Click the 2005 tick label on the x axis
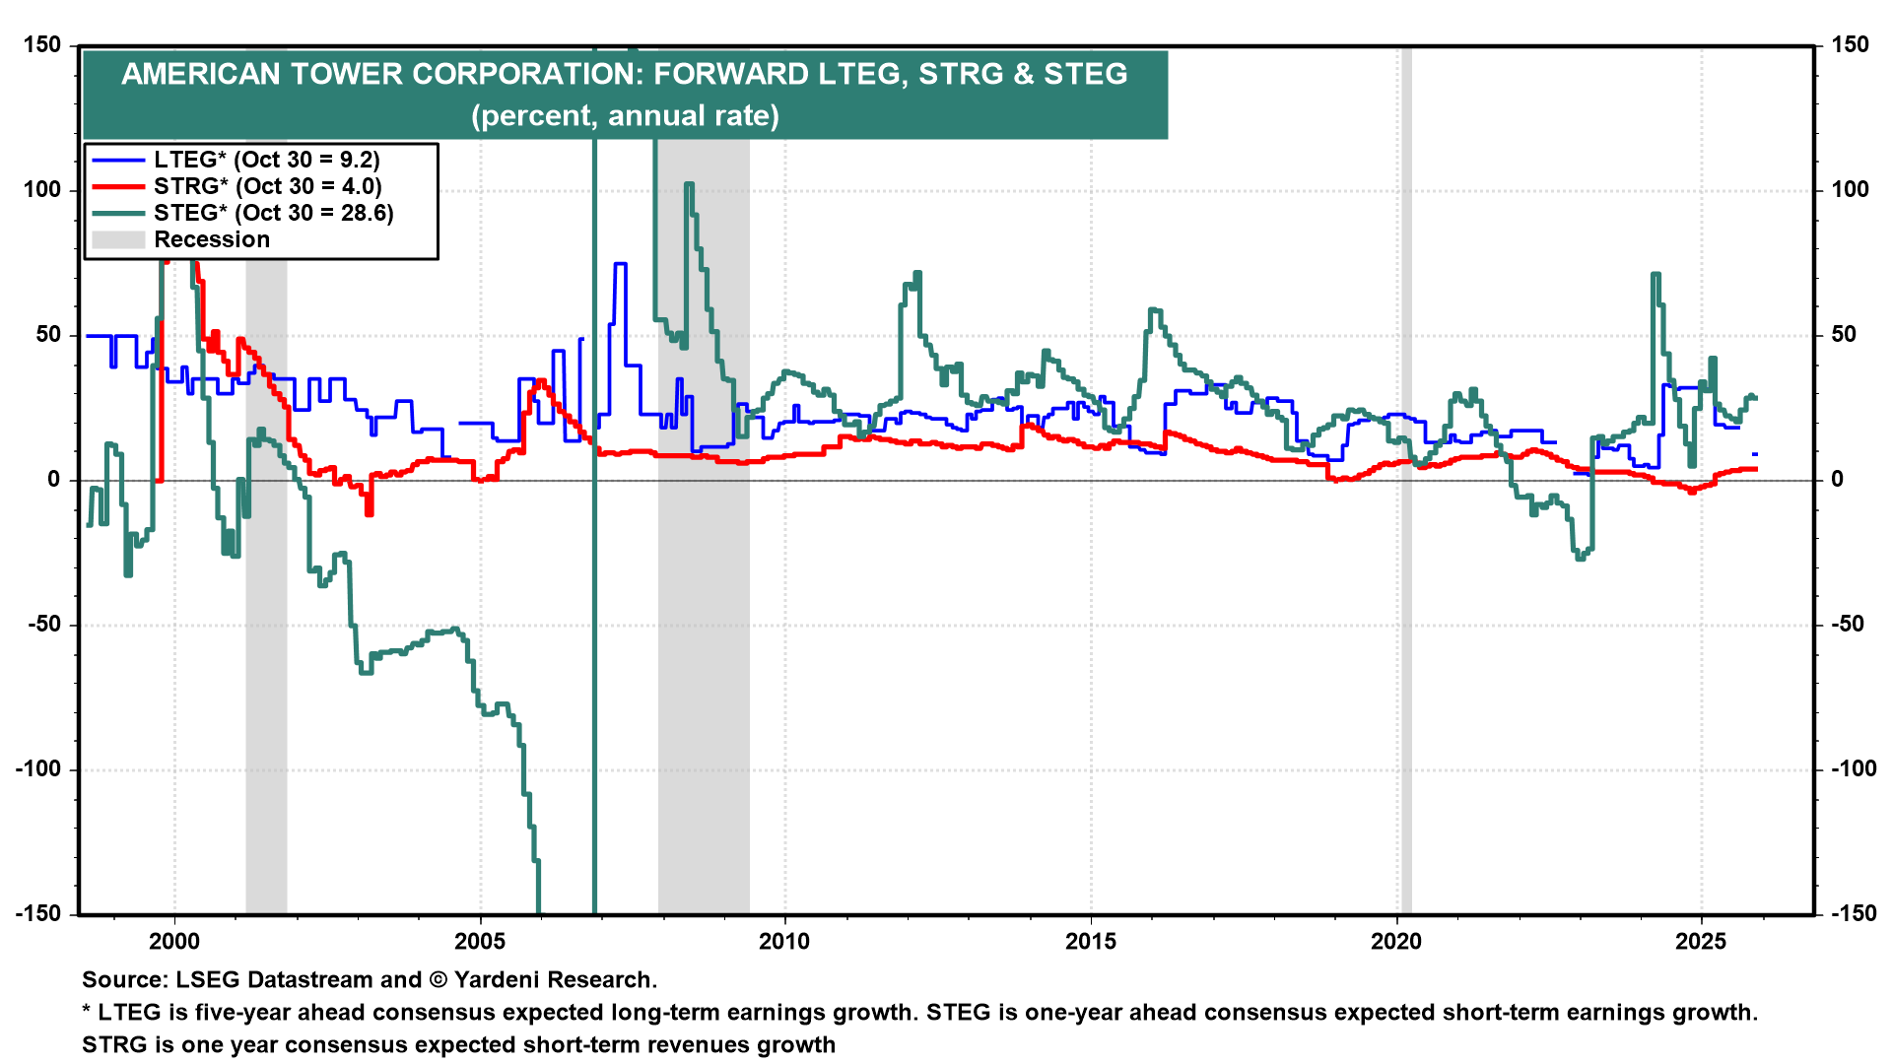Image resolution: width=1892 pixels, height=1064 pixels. [x=480, y=941]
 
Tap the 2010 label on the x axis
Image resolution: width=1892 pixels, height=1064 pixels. [x=785, y=941]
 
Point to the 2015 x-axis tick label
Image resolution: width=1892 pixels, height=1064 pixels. [x=1091, y=941]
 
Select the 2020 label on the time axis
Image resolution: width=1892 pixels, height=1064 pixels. [x=1396, y=941]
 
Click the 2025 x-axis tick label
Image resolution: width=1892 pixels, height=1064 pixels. [x=1702, y=941]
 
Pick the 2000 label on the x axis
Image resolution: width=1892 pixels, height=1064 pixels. [x=174, y=941]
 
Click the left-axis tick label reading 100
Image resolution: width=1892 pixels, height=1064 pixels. [x=42, y=190]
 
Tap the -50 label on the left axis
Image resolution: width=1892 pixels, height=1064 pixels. [x=38, y=625]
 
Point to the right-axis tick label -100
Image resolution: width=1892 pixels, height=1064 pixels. [x=1853, y=769]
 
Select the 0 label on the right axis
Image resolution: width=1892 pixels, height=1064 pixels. [x=1837, y=480]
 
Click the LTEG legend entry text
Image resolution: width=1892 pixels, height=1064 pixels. [x=267, y=160]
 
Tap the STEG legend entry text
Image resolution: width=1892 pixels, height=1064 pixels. [x=274, y=213]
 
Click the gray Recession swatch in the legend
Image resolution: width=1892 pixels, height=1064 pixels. [x=118, y=239]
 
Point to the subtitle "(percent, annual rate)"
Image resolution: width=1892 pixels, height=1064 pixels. [x=625, y=116]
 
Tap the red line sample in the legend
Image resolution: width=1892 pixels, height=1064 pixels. [x=118, y=186]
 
